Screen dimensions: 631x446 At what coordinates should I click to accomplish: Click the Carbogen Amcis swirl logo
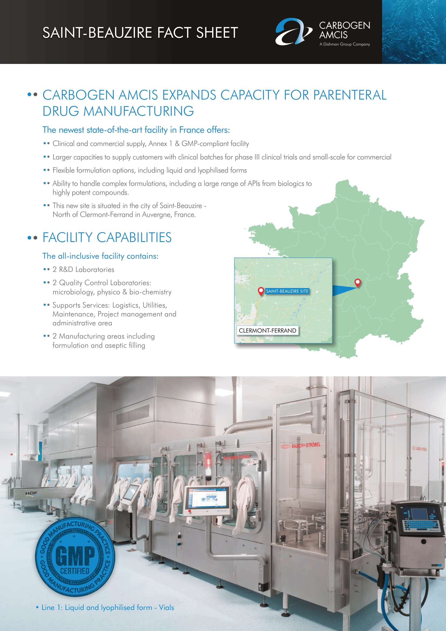click(293, 32)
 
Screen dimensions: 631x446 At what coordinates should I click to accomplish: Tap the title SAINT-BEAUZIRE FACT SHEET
click(140, 33)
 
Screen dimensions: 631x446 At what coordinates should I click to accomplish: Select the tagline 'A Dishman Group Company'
click(344, 44)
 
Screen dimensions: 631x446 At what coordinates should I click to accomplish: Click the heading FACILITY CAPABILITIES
click(107, 237)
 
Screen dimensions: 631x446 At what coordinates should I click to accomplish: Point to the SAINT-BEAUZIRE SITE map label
click(287, 291)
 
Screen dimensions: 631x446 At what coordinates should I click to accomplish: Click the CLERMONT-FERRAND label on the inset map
click(267, 330)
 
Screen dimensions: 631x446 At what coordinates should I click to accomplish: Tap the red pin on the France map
click(357, 282)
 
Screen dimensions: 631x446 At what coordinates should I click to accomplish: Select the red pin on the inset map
click(261, 291)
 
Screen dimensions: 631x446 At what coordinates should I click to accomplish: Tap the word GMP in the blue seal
click(75, 555)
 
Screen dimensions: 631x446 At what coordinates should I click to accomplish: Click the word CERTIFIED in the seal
click(75, 571)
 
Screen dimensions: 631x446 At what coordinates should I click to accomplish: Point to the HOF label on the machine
click(31, 493)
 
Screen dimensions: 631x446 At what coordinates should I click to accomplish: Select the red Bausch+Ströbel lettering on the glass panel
click(306, 445)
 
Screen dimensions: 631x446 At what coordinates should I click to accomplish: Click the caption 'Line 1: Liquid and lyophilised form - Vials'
click(108, 607)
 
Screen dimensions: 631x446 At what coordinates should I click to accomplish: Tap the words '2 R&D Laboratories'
click(83, 270)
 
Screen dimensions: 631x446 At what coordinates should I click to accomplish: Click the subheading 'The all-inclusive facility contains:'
click(100, 256)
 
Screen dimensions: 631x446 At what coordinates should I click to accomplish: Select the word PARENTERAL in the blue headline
click(350, 95)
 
